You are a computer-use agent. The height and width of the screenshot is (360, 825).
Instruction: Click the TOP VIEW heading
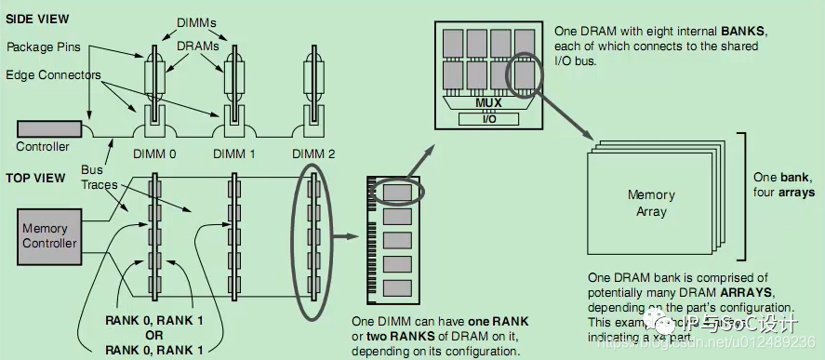click(33, 177)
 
